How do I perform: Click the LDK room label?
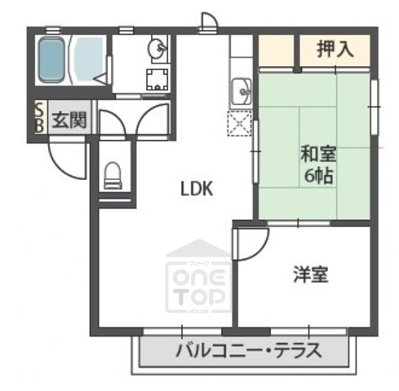click(x=197, y=189)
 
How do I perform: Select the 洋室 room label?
click(x=311, y=275)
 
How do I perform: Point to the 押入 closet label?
click(x=335, y=49)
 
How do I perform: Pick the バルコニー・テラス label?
click(x=248, y=352)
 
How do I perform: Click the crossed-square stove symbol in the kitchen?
click(x=242, y=125)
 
